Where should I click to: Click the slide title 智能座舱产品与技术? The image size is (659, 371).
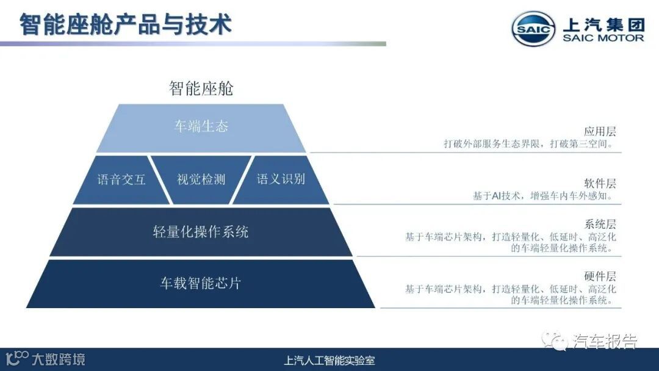point(126,25)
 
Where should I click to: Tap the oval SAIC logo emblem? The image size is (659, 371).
point(533,29)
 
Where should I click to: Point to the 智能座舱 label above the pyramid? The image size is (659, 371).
point(201,89)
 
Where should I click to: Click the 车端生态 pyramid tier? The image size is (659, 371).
point(201,127)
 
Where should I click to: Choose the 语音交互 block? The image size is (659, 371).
point(121,179)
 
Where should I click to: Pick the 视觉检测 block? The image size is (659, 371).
point(201,179)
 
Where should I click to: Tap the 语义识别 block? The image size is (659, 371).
point(281,179)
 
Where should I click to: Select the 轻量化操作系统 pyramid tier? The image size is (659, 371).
point(201,232)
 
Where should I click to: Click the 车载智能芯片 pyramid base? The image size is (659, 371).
point(201,283)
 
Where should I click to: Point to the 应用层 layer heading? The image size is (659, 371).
point(600,131)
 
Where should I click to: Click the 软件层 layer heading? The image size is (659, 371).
point(600,183)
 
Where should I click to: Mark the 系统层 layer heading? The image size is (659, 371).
point(600,224)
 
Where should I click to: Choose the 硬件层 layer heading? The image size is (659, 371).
point(600,276)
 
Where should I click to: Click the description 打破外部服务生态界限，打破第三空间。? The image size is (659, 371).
point(528,144)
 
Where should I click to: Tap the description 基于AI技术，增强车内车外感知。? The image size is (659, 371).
point(544,196)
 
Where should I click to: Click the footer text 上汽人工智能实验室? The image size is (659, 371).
point(329,360)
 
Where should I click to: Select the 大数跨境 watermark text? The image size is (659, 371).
point(59,359)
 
